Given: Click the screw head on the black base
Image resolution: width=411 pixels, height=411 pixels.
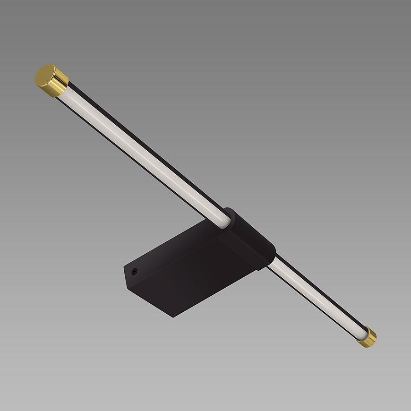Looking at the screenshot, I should coord(135,271).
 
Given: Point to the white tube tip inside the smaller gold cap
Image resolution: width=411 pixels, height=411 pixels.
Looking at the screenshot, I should coord(362,334).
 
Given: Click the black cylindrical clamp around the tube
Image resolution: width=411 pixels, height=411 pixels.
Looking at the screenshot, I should coord(248,239).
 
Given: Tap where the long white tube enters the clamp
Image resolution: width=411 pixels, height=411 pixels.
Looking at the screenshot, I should coord(225,220).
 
